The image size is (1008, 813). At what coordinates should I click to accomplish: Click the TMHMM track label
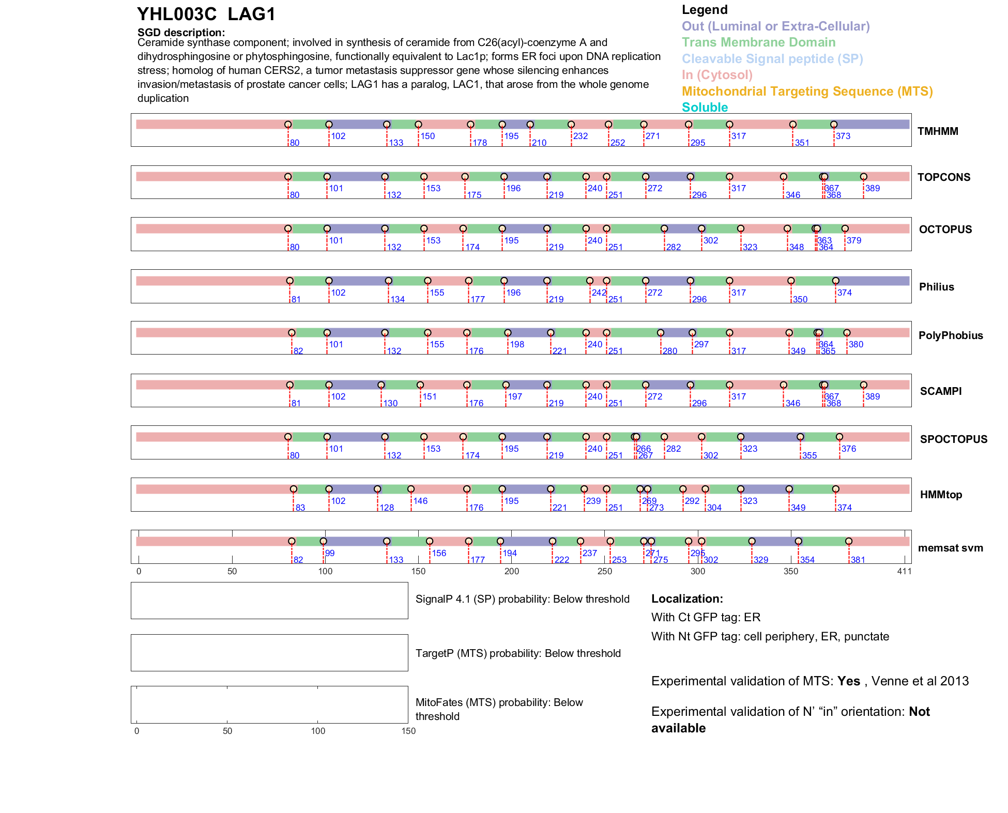[937, 131]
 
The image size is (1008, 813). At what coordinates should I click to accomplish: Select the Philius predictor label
[936, 287]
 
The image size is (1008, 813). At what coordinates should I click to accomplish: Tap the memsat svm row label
[950, 548]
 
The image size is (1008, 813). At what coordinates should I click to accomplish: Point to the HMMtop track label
[941, 495]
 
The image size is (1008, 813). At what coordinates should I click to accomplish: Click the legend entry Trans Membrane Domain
[758, 42]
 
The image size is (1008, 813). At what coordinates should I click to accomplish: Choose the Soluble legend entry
[705, 108]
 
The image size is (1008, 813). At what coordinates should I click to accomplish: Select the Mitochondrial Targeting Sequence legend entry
[807, 91]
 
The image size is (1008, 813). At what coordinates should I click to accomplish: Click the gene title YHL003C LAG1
[206, 14]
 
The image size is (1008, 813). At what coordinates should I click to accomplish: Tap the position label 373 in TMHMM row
[843, 136]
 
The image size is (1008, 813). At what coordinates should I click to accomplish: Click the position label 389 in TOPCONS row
[872, 188]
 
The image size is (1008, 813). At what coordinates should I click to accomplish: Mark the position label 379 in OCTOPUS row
[853, 240]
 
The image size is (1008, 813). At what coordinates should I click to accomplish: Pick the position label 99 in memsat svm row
[329, 553]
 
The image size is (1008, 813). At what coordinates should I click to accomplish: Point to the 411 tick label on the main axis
[904, 571]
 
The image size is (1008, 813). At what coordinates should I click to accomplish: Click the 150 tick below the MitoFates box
[408, 731]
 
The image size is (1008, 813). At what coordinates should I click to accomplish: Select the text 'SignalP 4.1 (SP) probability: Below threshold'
[522, 599]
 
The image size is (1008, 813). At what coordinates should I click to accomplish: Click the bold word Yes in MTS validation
[848, 681]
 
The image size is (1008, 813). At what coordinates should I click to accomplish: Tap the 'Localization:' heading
[687, 599]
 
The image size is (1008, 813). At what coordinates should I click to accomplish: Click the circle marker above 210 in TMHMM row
[530, 125]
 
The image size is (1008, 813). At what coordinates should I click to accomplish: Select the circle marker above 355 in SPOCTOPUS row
[800, 437]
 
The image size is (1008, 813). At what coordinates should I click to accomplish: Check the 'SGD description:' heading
[181, 33]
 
